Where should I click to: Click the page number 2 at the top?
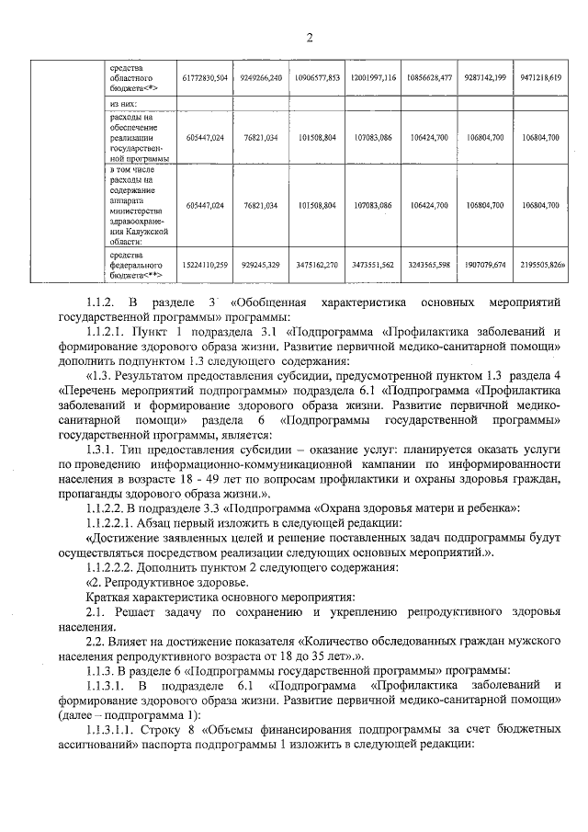(310, 38)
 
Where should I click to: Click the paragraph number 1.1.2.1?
(107, 328)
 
